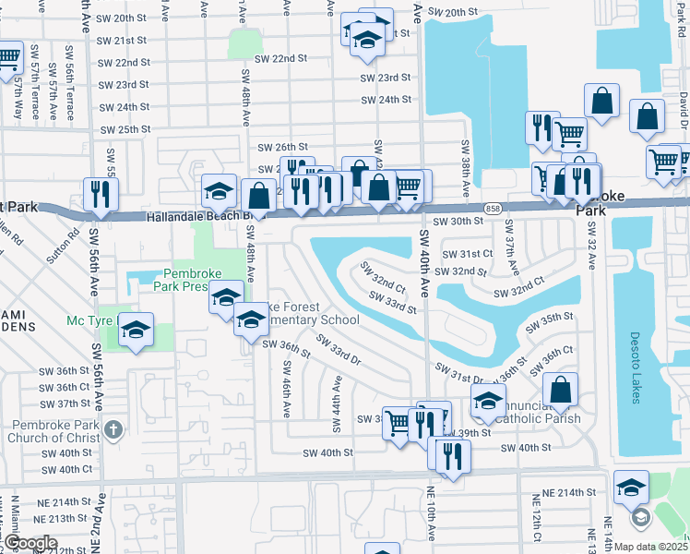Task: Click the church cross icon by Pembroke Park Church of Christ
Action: pos(113,429)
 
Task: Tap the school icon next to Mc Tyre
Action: pos(136,331)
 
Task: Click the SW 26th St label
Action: pos(281,147)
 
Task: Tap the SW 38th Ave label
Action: pos(466,166)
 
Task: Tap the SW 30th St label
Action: pos(461,222)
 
